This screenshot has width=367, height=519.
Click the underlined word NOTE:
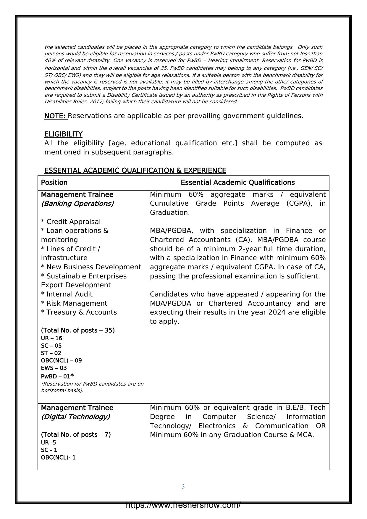[x=55, y=116]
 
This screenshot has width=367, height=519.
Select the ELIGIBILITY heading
[x=63, y=134]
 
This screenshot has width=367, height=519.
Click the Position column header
[x=54, y=183]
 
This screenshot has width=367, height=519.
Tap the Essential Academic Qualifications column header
[x=237, y=183]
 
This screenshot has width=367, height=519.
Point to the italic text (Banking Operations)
[x=77, y=204]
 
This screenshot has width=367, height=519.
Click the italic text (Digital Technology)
[x=75, y=417]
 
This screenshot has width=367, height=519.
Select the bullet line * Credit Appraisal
[x=71, y=222]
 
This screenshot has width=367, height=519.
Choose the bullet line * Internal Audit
[x=67, y=294]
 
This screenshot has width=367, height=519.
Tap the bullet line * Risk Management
[x=74, y=304]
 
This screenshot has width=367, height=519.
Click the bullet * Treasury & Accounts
[x=79, y=312]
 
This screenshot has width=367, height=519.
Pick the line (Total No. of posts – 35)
[x=78, y=331]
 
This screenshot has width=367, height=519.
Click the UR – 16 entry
[x=51, y=338]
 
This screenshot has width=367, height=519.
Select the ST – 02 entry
[x=51, y=353]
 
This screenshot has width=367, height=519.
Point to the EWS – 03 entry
[x=54, y=368]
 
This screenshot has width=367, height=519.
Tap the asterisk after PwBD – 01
[x=72, y=375]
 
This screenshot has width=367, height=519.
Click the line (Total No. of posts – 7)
[x=76, y=435]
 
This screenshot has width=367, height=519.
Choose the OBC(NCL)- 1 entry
[x=58, y=457]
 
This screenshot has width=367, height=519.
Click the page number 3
[x=183, y=487]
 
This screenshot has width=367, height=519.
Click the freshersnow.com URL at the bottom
[x=183, y=505]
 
